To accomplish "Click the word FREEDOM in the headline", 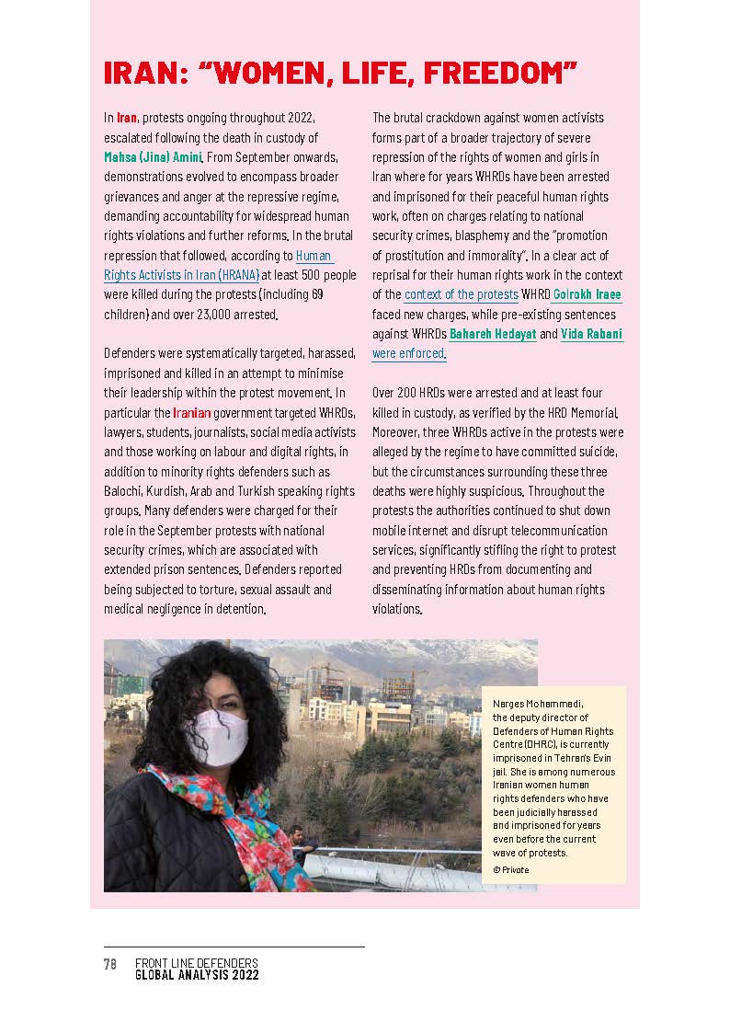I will [x=501, y=73].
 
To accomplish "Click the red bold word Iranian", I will [x=192, y=413].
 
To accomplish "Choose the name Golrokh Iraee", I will [x=587, y=295].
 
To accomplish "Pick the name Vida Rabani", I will [x=591, y=335].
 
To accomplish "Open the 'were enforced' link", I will [x=408, y=354].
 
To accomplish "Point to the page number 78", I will [x=109, y=963].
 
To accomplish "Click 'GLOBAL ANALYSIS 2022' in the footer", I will [x=197, y=975].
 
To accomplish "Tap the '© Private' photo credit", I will [x=511, y=869].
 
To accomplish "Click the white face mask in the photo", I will [x=218, y=736].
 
